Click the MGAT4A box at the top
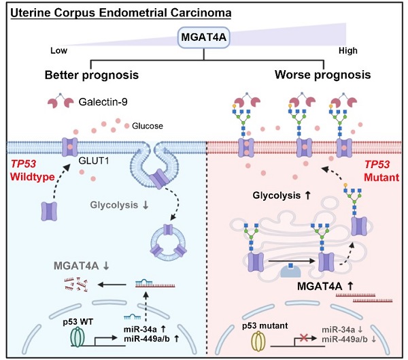click(204, 39)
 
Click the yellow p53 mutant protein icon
click(260, 338)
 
